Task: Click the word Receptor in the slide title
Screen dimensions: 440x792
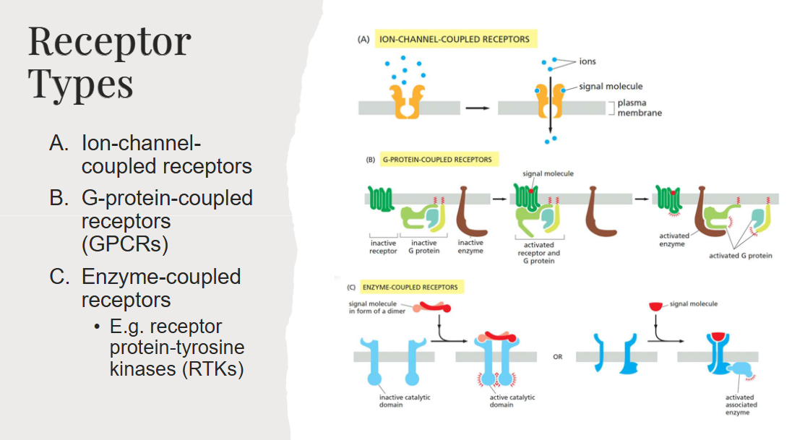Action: [109, 43]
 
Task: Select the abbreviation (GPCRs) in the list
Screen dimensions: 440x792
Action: [125, 243]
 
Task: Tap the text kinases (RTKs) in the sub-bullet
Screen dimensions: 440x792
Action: [176, 368]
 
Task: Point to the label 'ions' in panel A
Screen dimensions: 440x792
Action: [587, 62]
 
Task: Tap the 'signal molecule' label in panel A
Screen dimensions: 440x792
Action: [611, 87]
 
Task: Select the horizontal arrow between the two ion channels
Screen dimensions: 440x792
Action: [477, 108]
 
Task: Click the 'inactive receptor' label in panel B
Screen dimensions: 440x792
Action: [384, 247]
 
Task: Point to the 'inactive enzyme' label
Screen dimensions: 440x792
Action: [470, 247]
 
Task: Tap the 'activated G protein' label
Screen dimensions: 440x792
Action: [741, 255]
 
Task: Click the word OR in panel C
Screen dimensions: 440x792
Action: [559, 356]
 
